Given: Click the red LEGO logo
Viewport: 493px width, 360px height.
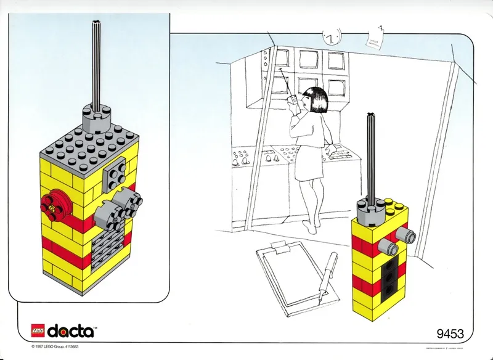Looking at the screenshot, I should (x=38, y=331).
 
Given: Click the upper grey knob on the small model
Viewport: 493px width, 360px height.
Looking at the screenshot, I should (x=404, y=232).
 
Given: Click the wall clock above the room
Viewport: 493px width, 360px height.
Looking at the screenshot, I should (x=332, y=37).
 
